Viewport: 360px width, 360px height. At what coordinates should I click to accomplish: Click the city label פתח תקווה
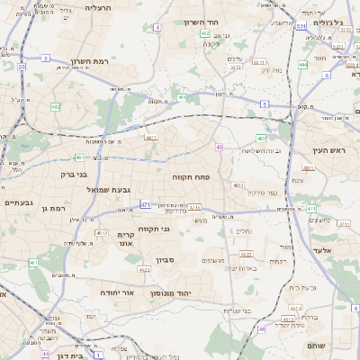(190, 178)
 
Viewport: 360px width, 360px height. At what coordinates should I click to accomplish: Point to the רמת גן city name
(56, 209)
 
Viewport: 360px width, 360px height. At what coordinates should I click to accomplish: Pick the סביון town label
(163, 260)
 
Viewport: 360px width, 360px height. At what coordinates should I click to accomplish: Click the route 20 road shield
(21, 67)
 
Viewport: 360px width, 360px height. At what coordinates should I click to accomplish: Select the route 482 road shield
(56, 107)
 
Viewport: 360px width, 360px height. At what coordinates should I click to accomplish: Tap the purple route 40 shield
(219, 147)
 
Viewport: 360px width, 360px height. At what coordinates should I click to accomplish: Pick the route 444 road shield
(302, 65)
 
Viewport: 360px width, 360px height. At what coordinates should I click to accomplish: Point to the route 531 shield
(301, 27)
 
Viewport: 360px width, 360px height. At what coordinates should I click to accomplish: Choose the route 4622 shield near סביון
(144, 268)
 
